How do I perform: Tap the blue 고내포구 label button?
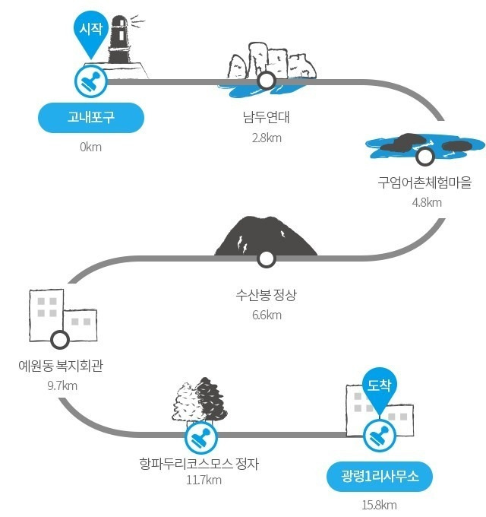(90, 118)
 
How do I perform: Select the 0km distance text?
(90, 147)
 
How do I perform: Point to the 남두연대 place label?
(266, 118)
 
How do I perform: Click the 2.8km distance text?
(266, 138)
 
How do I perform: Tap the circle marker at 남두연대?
(266, 81)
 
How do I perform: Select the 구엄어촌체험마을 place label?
(424, 182)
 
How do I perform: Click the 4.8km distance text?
(426, 202)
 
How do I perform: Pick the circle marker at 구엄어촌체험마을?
(424, 157)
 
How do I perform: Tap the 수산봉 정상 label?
(266, 295)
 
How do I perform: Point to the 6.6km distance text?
(266, 315)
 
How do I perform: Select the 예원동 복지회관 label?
(61, 366)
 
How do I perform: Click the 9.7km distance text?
(62, 385)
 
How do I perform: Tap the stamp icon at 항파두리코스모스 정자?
(201, 436)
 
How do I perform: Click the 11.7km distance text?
(204, 480)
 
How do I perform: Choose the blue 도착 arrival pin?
(379, 390)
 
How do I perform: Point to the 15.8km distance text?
(380, 506)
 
